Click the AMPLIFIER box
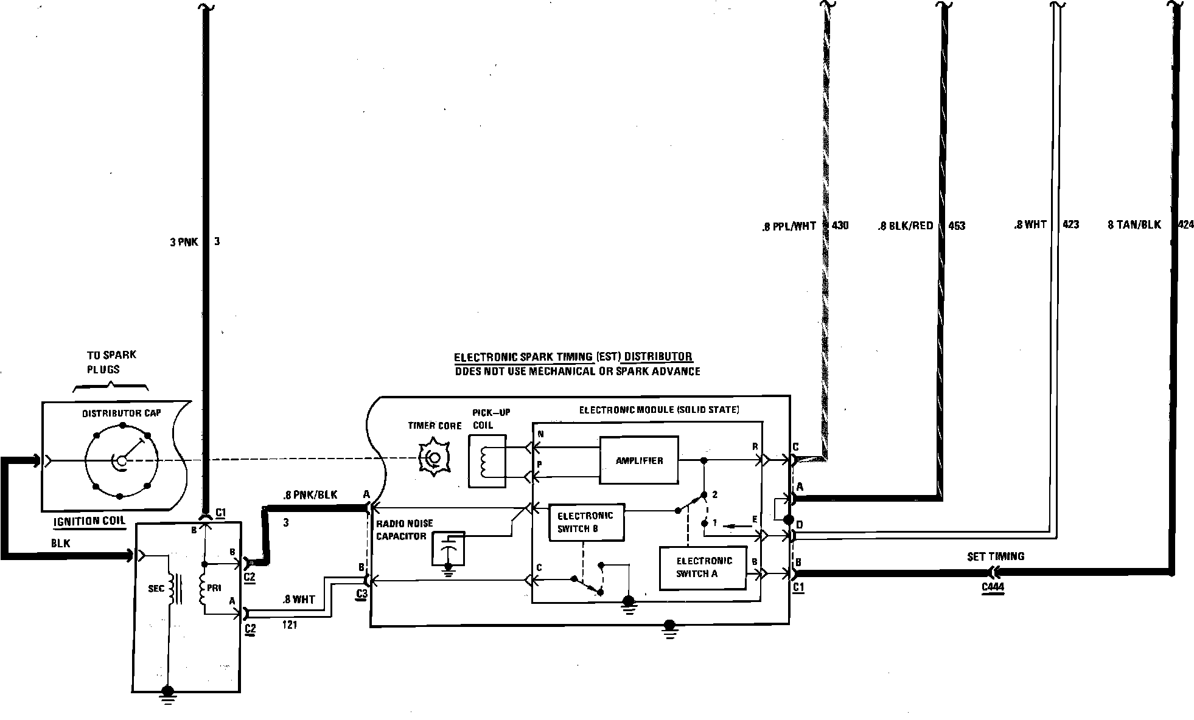[x=638, y=460]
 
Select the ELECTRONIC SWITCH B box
[x=586, y=522]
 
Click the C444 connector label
[x=993, y=587]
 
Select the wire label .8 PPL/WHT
[x=788, y=227]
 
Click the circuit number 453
[x=957, y=226]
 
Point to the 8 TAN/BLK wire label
[x=1134, y=225]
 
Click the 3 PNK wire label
[x=184, y=242]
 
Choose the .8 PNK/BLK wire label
[x=310, y=495]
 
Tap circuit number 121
[x=290, y=625]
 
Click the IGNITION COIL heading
[x=89, y=521]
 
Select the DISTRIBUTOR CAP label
[x=122, y=414]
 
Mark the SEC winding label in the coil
[x=156, y=589]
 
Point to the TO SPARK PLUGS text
[x=111, y=362]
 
